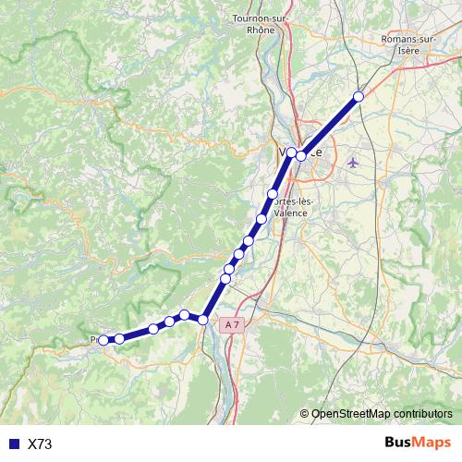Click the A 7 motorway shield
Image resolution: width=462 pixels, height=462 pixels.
233,324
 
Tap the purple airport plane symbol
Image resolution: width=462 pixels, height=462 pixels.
353,163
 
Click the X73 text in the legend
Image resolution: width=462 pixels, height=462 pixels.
40,444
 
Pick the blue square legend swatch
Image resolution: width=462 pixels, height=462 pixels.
13,444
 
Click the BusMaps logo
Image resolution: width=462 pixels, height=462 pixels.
418,444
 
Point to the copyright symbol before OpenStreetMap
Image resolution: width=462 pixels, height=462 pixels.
304,414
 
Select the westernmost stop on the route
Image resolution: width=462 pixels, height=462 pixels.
103,340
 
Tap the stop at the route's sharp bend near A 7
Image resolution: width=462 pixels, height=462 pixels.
203,320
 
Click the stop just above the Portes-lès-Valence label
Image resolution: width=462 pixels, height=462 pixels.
273,194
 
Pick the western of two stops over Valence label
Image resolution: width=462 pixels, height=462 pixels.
291,152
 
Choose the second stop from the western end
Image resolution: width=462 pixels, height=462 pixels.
119,339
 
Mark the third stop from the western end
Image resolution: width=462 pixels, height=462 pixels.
153,329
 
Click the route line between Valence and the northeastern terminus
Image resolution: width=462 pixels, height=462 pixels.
331,126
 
